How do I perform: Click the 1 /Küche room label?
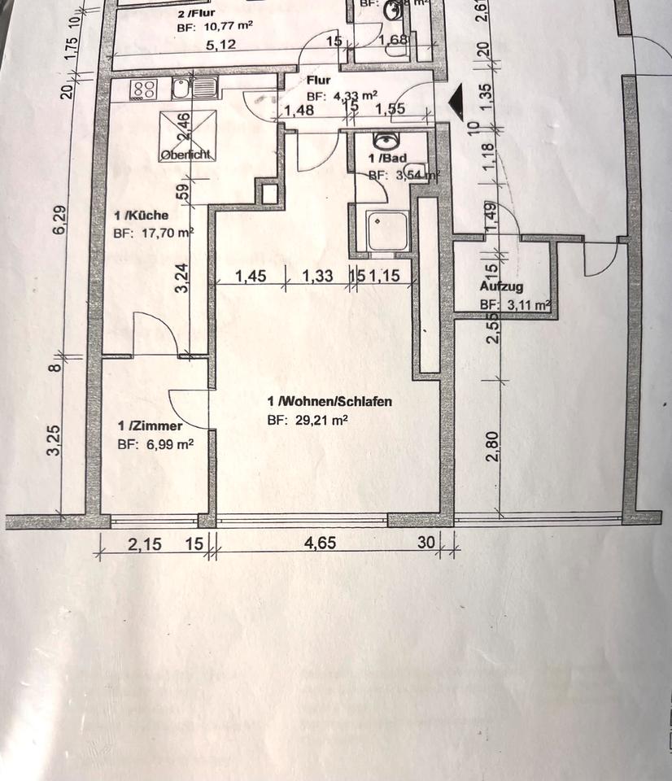pos(142,216)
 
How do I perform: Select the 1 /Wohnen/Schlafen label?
pos(330,401)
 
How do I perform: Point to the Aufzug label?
pos(501,287)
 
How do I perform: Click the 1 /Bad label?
pos(387,159)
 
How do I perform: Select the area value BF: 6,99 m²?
pos(155,444)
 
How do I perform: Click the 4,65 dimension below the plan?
pos(320,543)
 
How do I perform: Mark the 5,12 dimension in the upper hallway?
pos(220,45)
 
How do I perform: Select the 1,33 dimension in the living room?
pos(317,277)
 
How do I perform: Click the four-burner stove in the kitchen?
pos(144,89)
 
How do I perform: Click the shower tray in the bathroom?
pos(381,231)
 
